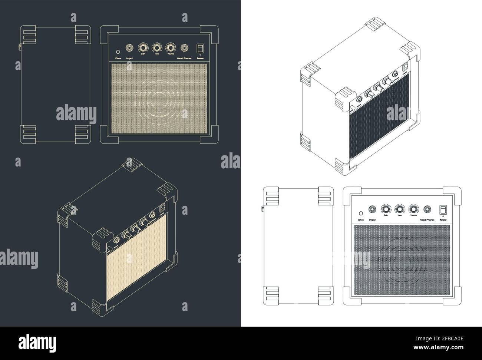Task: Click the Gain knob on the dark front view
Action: click(143, 47)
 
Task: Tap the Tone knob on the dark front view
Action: click(156, 47)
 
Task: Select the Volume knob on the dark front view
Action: click(171, 47)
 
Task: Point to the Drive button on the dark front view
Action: click(118, 52)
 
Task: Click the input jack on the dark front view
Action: click(130, 47)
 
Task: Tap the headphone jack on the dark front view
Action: click(184, 47)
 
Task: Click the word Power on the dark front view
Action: click(200, 59)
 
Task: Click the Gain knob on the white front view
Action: click(386, 209)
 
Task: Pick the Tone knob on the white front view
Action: click(399, 209)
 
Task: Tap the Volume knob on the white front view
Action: click(413, 209)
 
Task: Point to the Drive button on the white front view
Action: click(361, 213)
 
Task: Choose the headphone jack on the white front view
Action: click(427, 209)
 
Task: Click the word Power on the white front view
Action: click(443, 220)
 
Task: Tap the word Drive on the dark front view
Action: click(118, 59)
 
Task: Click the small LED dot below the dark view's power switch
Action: click(200, 55)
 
